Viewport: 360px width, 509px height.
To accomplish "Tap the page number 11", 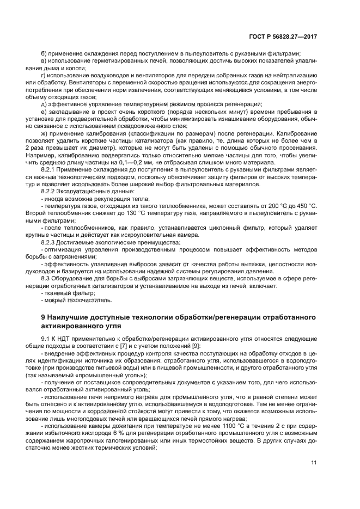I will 314,462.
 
